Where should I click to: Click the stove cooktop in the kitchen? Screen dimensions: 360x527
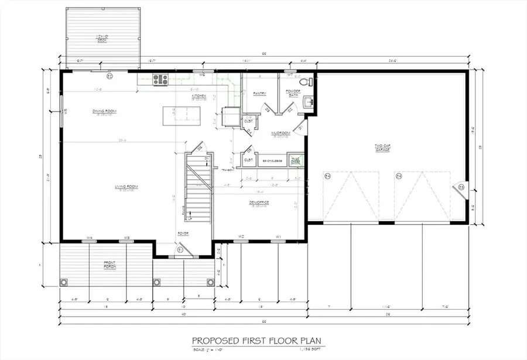(x=160, y=80)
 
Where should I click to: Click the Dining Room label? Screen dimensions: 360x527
(x=105, y=111)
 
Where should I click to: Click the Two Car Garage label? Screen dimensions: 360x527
(x=384, y=148)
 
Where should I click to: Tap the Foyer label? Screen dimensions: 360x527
(x=183, y=233)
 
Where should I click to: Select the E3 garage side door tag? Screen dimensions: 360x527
(x=461, y=187)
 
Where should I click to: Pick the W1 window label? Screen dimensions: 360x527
(x=279, y=237)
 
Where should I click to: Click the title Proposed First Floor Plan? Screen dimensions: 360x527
(x=258, y=340)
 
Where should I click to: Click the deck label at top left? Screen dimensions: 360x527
(x=102, y=39)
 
